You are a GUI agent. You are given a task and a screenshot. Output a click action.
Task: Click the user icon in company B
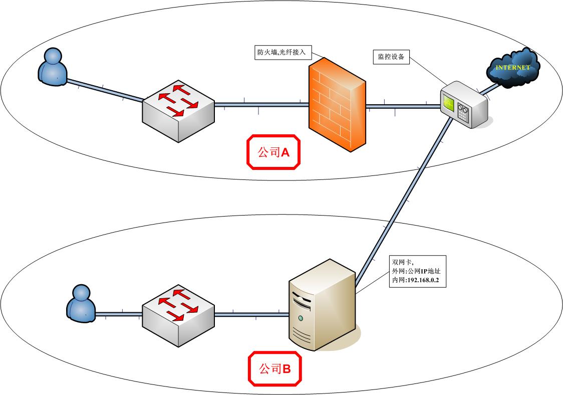(x=81, y=302)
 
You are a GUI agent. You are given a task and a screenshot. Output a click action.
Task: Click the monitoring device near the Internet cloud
(x=463, y=106)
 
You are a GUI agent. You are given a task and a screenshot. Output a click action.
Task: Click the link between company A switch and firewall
(x=260, y=105)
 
